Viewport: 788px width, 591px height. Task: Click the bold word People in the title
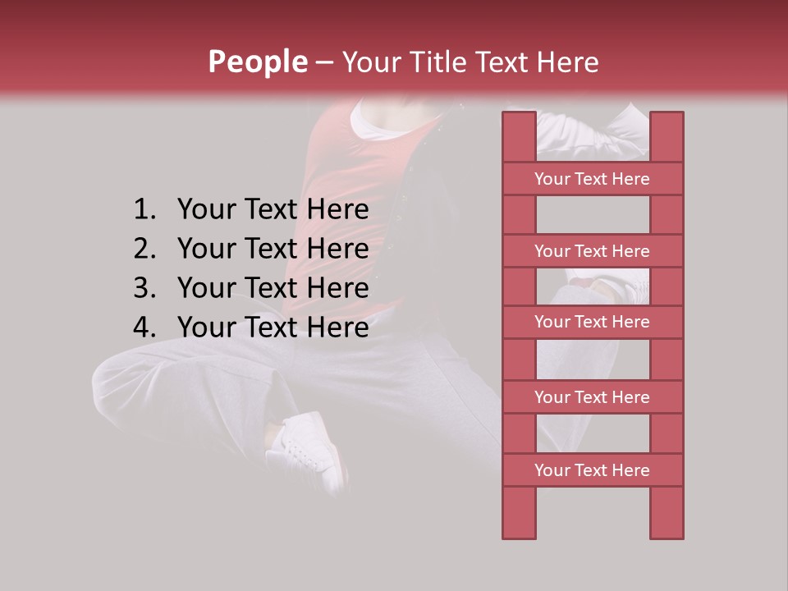point(257,62)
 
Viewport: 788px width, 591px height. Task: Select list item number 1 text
point(273,210)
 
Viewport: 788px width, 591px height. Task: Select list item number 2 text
point(273,249)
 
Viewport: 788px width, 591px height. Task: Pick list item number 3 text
point(273,288)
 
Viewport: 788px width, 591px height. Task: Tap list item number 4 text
point(273,328)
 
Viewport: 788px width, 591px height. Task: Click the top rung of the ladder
point(592,179)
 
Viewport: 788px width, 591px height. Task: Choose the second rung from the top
point(592,251)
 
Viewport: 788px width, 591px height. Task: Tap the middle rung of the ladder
point(592,322)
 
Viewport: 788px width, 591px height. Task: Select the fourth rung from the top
point(592,397)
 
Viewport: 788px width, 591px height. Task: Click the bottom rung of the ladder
point(592,470)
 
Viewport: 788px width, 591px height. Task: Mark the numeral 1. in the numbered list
point(144,210)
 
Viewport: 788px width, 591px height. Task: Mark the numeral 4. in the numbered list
point(144,328)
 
